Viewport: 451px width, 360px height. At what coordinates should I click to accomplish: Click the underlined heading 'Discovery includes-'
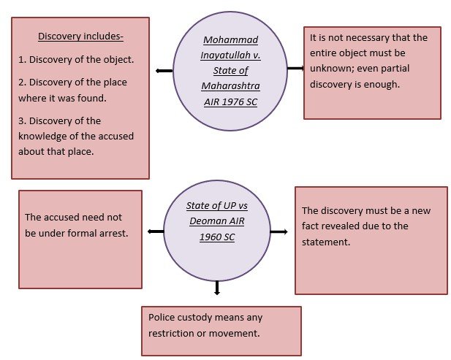pos(80,36)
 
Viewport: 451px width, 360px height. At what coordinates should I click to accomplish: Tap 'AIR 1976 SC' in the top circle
pos(230,102)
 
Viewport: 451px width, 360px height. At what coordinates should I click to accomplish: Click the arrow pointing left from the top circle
pos(164,71)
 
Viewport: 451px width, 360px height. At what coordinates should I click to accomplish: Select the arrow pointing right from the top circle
pos(295,69)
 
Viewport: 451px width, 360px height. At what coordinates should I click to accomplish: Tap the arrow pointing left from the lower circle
pos(155,231)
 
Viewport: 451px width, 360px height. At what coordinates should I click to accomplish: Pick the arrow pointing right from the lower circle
pos(278,231)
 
